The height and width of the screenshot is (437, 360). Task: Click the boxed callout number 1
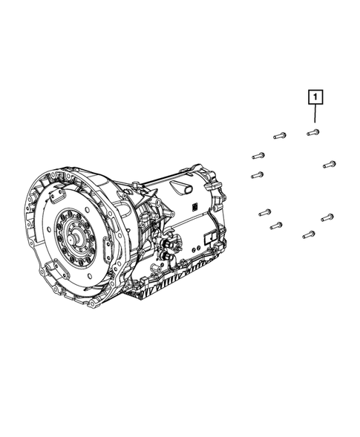(x=315, y=97)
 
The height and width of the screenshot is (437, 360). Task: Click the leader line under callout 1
(x=315, y=114)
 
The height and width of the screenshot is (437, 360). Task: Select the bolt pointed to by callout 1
(x=313, y=132)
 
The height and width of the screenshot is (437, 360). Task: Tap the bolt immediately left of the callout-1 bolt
(x=280, y=136)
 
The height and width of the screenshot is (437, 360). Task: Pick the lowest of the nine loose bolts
(x=309, y=235)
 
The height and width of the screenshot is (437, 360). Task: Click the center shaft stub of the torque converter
(x=73, y=240)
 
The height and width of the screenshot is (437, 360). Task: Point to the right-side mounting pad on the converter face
(x=107, y=246)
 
